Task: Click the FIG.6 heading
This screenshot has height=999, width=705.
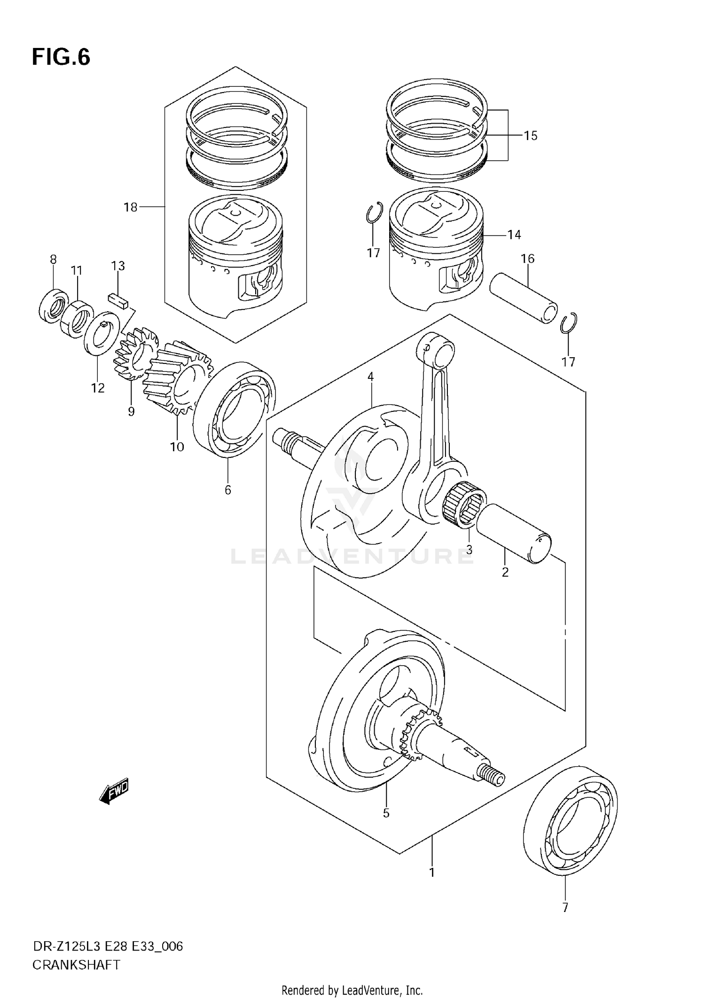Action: [x=61, y=57]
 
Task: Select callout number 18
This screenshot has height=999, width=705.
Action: [x=130, y=207]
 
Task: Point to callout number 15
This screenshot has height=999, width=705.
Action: [x=530, y=136]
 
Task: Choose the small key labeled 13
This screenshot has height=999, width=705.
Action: [x=117, y=300]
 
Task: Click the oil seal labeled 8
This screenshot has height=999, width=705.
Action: [x=53, y=306]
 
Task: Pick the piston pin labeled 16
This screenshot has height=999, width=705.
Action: [x=524, y=298]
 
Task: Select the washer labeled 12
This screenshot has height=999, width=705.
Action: [x=101, y=333]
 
